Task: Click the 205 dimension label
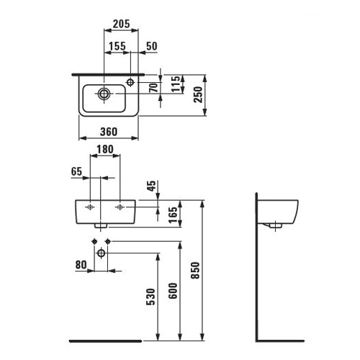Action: [122, 24]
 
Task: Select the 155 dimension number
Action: [117, 46]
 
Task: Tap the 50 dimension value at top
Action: [152, 46]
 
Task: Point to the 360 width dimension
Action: [109, 132]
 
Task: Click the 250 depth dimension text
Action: [198, 94]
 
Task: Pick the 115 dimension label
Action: [176, 84]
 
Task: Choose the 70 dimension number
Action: [154, 88]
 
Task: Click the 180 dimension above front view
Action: [105, 149]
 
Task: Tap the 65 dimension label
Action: [77, 171]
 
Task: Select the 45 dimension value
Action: [151, 186]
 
